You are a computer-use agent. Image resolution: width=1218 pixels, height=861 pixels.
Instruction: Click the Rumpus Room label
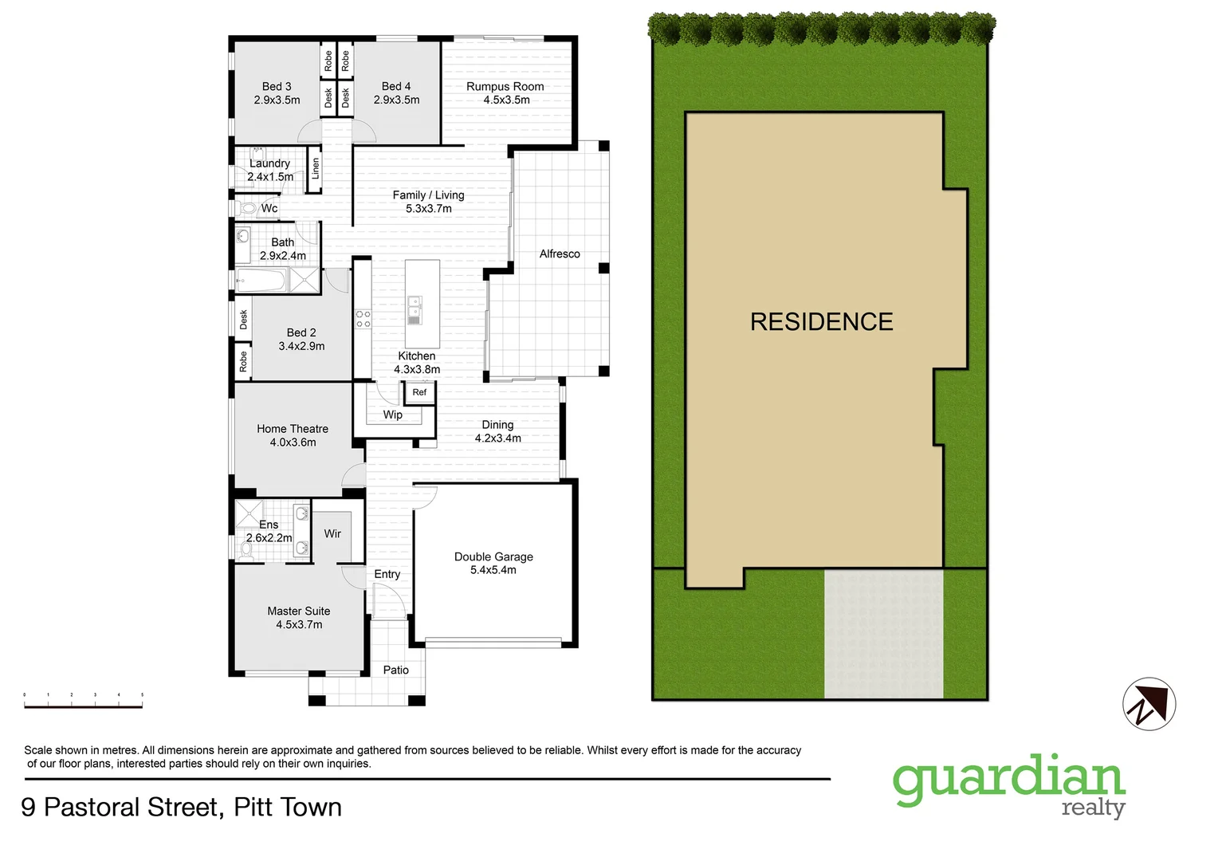(x=505, y=86)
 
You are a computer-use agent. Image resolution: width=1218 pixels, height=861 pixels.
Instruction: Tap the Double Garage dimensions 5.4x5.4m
(x=493, y=570)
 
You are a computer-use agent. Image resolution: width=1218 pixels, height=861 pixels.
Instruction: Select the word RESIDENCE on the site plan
(x=821, y=322)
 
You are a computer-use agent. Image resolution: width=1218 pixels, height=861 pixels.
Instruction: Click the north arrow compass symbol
(x=1149, y=704)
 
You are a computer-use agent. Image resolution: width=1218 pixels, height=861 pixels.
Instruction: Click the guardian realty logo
(x=1008, y=785)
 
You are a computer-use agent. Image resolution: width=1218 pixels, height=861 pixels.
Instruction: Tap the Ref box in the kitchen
(x=419, y=392)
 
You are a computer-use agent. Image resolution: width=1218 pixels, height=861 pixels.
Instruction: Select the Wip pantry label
(x=392, y=415)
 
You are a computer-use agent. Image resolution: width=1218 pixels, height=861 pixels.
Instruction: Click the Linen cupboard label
(x=315, y=168)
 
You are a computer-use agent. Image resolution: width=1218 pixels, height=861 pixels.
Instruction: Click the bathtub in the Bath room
(x=261, y=281)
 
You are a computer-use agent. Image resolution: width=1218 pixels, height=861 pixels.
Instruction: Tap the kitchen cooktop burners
(x=363, y=319)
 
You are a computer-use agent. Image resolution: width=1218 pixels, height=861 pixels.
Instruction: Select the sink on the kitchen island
(x=415, y=309)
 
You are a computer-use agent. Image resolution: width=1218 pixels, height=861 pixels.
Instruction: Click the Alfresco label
(x=560, y=254)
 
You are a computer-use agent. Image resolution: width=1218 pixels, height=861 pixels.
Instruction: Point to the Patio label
(x=395, y=670)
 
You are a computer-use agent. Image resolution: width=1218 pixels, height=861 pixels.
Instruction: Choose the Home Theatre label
(x=292, y=429)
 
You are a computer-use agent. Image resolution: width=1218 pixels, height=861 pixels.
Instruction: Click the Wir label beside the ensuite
(x=332, y=533)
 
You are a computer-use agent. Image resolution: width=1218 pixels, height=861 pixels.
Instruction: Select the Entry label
(x=387, y=574)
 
